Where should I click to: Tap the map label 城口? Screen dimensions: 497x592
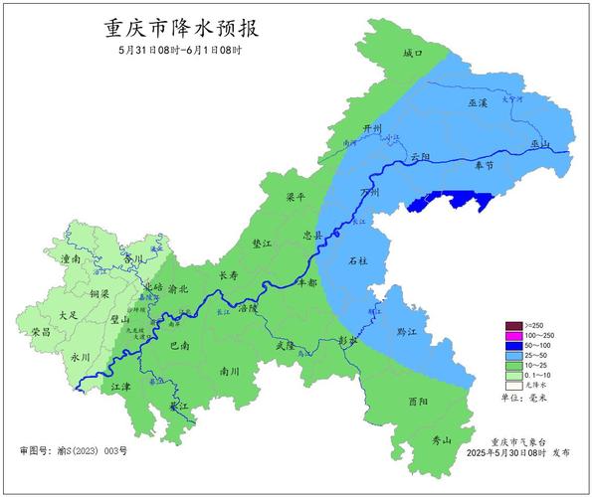(413, 52)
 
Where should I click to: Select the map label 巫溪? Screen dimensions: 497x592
(478, 103)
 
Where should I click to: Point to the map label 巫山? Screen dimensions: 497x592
(540, 144)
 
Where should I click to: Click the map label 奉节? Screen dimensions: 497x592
(484, 167)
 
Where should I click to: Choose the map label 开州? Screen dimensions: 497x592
(372, 129)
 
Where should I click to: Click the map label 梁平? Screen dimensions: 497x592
(296, 197)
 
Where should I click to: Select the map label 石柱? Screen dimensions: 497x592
(358, 261)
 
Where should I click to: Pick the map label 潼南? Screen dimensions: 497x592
(72, 258)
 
